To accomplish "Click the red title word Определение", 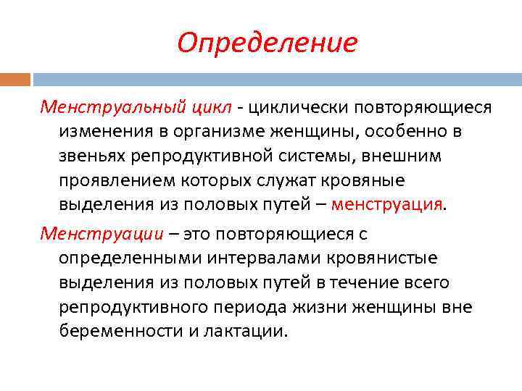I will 267,43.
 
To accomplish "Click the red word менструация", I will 386,203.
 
